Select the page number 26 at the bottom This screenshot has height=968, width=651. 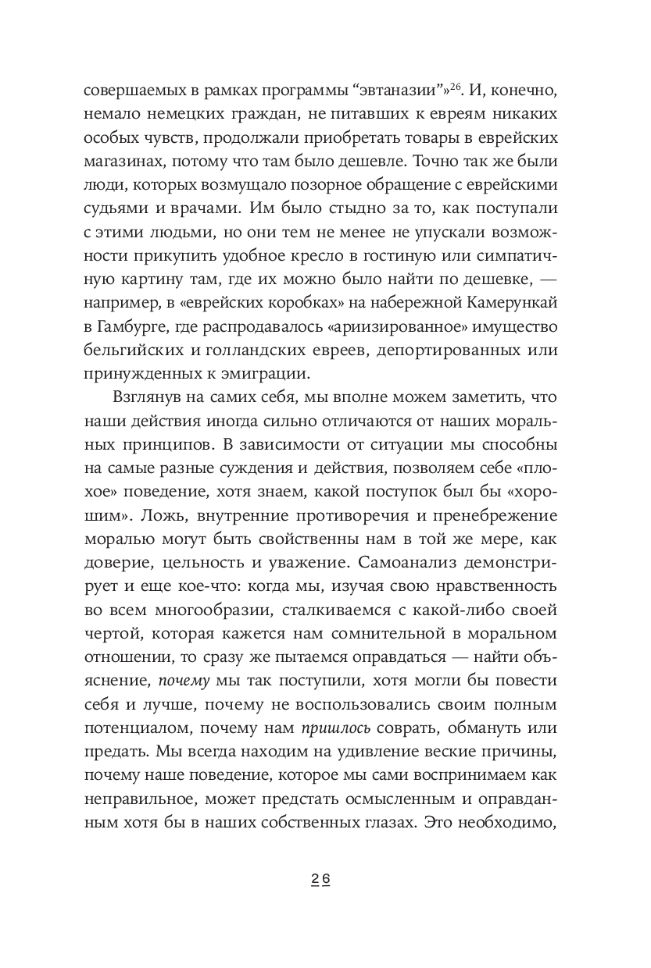click(321, 878)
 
